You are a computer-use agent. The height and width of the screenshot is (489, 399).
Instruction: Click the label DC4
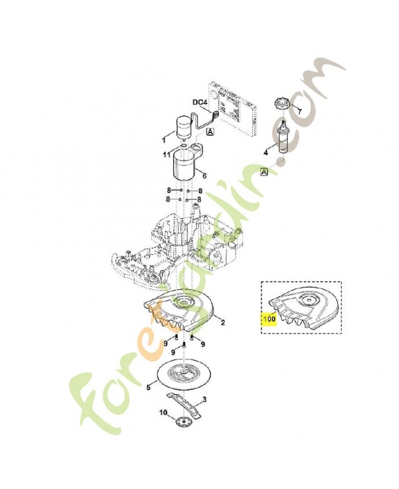[x=199, y=103]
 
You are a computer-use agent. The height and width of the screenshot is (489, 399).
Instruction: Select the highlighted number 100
[x=269, y=319]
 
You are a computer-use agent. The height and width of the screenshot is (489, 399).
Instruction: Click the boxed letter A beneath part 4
[x=264, y=172]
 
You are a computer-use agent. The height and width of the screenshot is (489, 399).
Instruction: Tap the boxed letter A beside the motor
[x=210, y=131]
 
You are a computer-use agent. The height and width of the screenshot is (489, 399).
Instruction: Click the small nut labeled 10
[x=181, y=423]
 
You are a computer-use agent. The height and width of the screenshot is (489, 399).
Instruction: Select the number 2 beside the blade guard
[x=222, y=322]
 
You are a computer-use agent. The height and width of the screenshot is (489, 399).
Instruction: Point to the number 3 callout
[x=204, y=400]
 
